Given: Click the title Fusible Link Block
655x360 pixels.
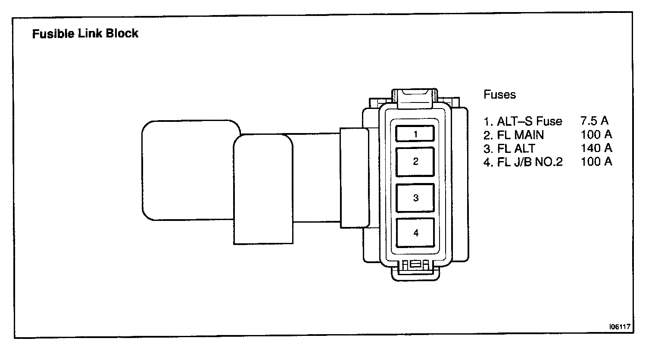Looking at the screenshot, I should click(85, 34).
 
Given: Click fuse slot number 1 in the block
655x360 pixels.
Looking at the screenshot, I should click(415, 134).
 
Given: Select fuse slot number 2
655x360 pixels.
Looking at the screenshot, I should click(415, 161).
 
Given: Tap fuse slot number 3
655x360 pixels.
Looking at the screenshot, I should click(415, 198).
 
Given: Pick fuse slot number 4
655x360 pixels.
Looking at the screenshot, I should click(415, 233).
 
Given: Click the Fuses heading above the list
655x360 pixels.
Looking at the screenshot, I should click(499, 95).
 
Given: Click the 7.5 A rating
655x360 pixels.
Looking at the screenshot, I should click(594, 121).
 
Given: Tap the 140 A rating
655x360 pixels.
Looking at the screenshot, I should click(596, 148).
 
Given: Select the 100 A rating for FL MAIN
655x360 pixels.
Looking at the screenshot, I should click(596, 135).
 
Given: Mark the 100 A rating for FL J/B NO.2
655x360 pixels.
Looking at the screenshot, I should click(596, 161).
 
